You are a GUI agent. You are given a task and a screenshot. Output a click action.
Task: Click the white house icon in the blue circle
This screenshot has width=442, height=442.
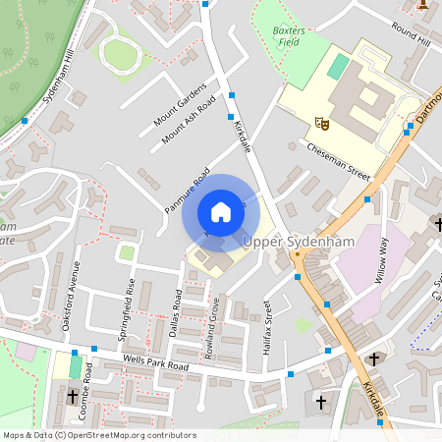pos(221,212)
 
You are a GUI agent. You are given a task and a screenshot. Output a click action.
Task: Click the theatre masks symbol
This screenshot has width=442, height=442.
pos(320,123)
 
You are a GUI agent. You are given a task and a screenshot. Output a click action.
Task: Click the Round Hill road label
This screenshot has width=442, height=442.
pos(411,34)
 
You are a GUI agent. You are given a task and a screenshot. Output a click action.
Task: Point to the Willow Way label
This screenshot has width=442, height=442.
pos(381,259)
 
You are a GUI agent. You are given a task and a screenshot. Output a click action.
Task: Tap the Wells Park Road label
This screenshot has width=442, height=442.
pos(155,362)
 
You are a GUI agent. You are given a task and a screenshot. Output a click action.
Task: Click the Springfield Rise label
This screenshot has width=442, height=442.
pos(127,306)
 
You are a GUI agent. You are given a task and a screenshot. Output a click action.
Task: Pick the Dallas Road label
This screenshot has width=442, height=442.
pos(178,314)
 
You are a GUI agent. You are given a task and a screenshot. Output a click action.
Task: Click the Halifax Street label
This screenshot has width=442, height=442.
pos(266,325)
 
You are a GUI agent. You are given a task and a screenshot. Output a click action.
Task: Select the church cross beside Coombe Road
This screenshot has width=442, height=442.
pos(73,397)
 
